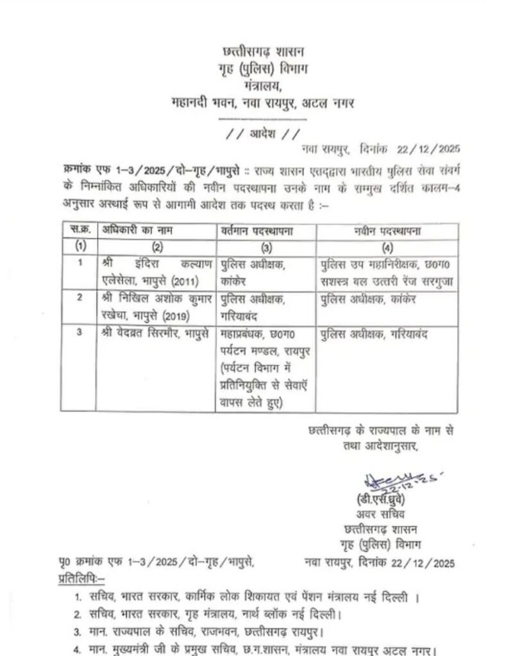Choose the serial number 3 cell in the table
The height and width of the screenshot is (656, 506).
pyautogui.click(x=80, y=334)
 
